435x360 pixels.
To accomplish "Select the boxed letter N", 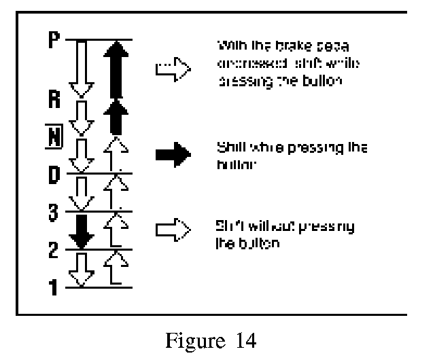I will [56, 137].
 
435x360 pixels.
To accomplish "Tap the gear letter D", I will [55, 174].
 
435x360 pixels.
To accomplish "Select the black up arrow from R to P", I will [118, 68].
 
